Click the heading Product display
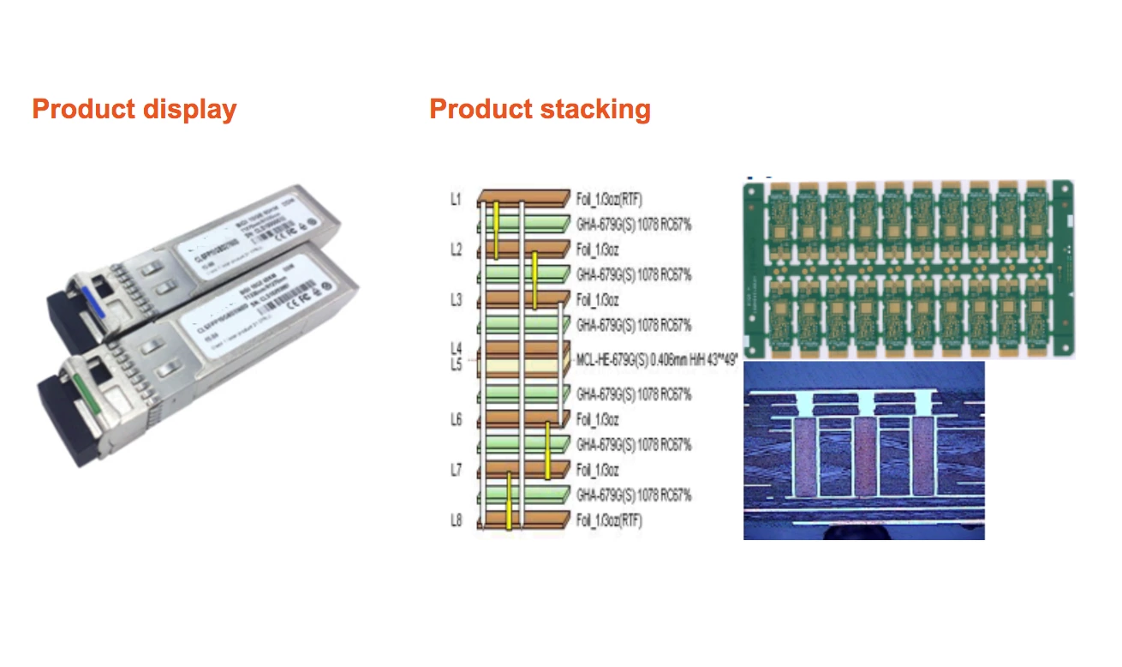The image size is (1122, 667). tap(134, 110)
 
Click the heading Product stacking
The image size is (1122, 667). tap(540, 110)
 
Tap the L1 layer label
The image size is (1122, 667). tap(456, 200)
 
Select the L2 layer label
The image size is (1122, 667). tap(456, 249)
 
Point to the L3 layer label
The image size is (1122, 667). tap(456, 300)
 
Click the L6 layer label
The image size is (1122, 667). tap(456, 419)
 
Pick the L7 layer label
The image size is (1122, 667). tap(456, 470)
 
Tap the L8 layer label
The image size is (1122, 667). tap(456, 520)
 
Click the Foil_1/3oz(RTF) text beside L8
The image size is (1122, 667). tap(609, 520)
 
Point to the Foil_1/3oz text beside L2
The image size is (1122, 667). tap(597, 249)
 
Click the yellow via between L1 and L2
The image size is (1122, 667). tap(496, 230)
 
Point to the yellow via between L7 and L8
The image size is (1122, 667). tap(508, 501)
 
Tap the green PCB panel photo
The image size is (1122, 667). tap(908, 267)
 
